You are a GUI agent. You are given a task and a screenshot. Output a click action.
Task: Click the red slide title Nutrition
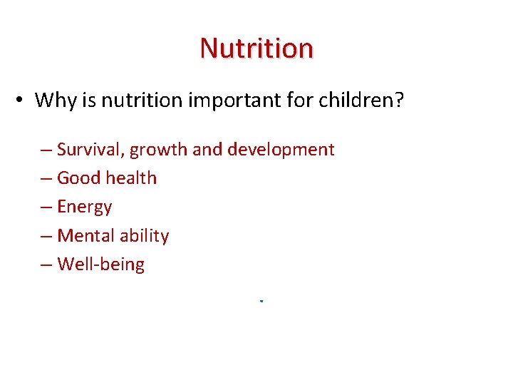tap(256, 48)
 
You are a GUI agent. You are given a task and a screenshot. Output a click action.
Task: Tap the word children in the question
tap(356, 100)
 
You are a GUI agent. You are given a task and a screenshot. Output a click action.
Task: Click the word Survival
tap(88, 150)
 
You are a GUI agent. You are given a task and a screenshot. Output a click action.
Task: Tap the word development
tap(280, 150)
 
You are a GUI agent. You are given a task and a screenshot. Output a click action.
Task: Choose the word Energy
tap(85, 207)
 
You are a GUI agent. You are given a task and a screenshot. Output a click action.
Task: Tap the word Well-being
tap(100, 265)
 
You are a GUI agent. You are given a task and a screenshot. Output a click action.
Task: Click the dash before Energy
tap(46, 207)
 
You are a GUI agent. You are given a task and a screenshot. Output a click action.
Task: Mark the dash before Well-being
tap(46, 265)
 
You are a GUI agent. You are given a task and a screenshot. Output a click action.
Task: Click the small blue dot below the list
tap(261, 302)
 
